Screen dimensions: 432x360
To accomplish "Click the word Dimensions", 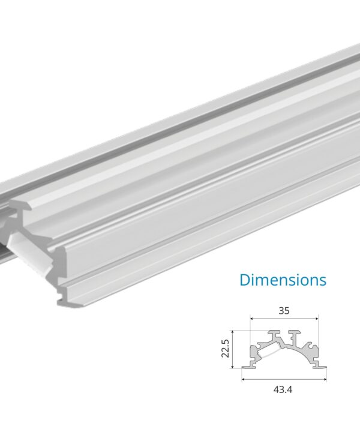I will tap(283, 280).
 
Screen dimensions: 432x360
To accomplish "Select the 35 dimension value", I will tap(284, 311).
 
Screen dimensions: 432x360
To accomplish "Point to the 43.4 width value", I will tap(284, 389).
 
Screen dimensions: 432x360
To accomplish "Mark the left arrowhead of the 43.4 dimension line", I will tap(244, 379).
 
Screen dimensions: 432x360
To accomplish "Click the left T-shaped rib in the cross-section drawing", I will tap(274, 334).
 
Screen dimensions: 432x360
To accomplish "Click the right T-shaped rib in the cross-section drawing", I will tap(295, 334).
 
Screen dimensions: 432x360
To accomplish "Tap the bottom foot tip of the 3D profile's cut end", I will tap(65, 303).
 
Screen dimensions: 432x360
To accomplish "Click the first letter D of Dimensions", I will tap(245, 280).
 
